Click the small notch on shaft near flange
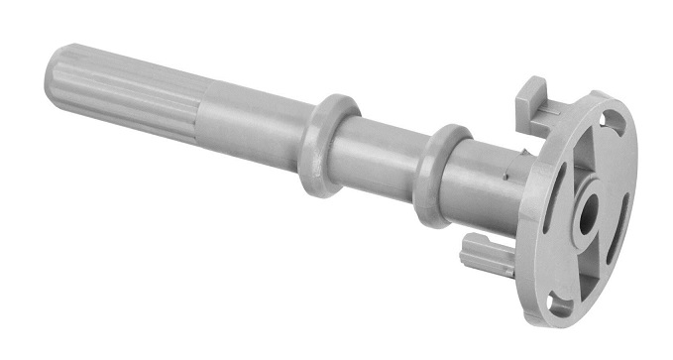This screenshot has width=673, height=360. (507, 178)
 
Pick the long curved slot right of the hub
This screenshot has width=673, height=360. (621, 218)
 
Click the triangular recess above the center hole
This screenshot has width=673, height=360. (599, 164)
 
